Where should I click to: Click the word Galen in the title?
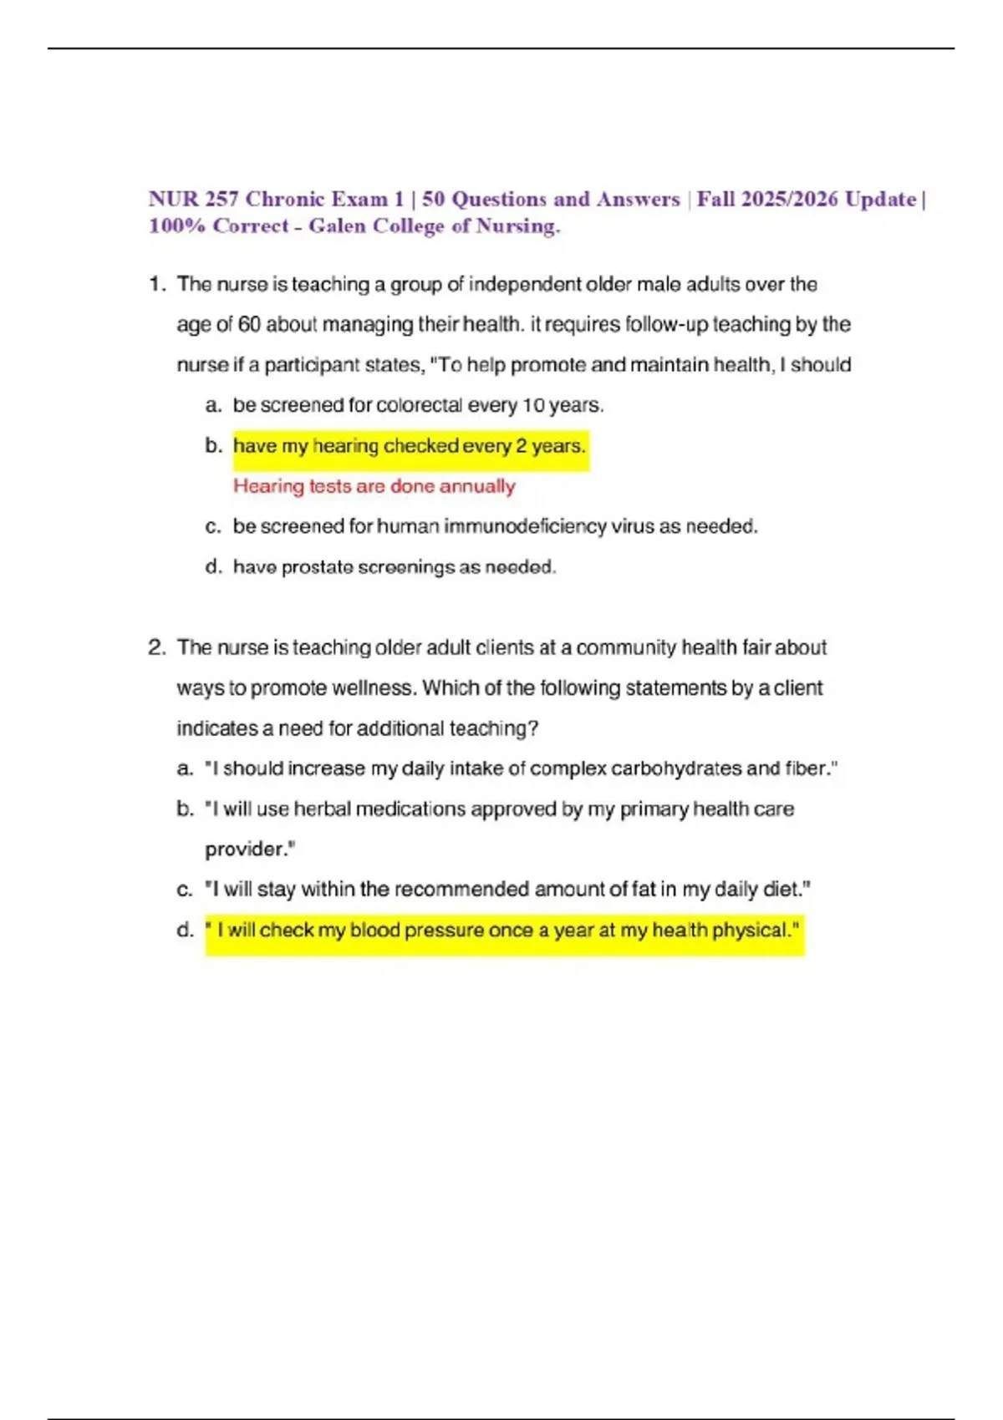pos(337,226)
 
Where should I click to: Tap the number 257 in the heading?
pos(221,199)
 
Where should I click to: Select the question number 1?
pos(156,284)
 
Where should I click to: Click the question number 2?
pos(156,647)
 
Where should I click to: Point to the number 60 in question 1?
pos(249,324)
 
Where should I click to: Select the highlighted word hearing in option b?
pos(345,445)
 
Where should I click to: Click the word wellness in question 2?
pos(374,688)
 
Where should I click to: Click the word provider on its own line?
pos(248,849)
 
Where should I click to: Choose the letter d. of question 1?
pos(213,567)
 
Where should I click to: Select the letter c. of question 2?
pos(185,890)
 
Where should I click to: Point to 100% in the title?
pos(176,226)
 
